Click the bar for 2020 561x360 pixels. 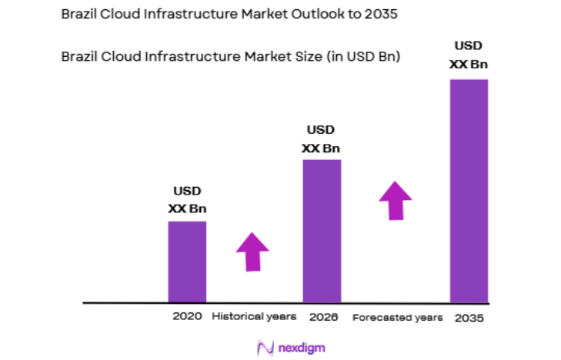(187, 262)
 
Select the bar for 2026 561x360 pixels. (322, 231)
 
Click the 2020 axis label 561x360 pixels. (187, 316)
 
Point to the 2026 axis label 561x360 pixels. (322, 316)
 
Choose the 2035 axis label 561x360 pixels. (469, 317)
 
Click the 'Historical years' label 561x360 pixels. (254, 316)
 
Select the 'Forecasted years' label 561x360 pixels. (397, 317)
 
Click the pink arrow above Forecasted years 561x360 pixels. (396, 201)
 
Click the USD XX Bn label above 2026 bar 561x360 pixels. (321, 139)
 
